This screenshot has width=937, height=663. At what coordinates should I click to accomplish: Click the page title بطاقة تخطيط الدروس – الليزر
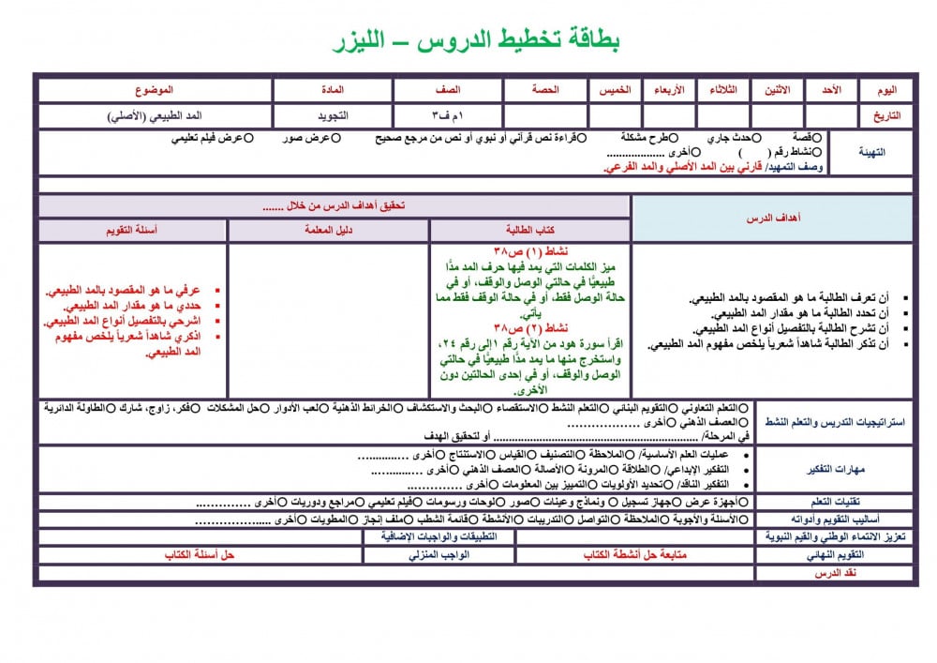pyautogui.click(x=477, y=40)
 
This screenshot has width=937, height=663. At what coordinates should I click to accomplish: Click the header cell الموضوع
pyautogui.click(x=156, y=90)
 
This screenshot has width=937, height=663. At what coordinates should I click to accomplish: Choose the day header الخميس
pyautogui.click(x=615, y=90)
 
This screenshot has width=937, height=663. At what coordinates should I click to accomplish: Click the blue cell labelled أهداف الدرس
pyautogui.click(x=772, y=218)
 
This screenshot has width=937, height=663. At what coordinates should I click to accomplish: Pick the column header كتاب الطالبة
pyautogui.click(x=530, y=230)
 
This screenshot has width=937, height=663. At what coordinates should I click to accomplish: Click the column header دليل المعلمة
pyautogui.click(x=329, y=230)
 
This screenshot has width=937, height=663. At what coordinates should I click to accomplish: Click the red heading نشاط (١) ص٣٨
pyautogui.click(x=531, y=252)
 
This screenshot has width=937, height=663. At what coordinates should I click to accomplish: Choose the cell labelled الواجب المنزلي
pyautogui.click(x=439, y=555)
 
